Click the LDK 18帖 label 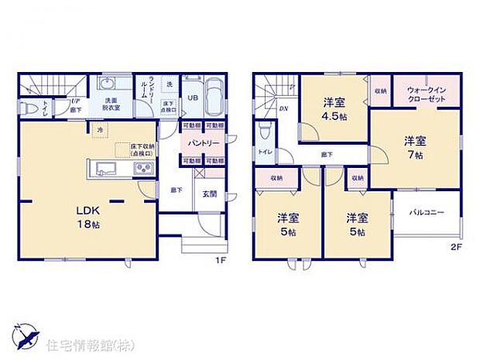90,217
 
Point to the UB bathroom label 192,98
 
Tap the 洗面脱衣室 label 110,103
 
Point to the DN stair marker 284,109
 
